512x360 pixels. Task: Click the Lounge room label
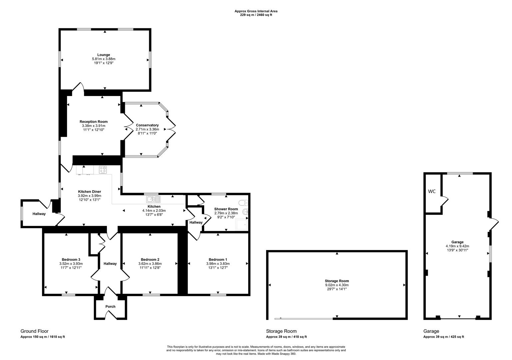tap(104, 55)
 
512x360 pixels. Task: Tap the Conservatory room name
tap(147, 125)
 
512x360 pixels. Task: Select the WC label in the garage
tap(432, 191)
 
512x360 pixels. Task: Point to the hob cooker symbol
tap(103, 170)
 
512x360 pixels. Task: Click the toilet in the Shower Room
tap(243, 202)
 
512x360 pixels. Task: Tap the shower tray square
tap(242, 224)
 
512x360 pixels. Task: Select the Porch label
tap(110, 307)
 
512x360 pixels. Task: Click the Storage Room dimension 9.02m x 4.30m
tap(337, 285)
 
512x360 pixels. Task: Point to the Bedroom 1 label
tap(218, 259)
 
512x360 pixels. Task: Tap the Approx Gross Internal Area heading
tap(256, 11)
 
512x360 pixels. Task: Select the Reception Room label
tap(93, 122)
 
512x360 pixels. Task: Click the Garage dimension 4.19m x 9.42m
tap(457, 246)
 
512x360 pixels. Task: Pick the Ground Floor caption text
tap(35, 331)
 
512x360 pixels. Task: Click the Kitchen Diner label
tap(89, 191)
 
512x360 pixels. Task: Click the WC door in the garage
tap(444, 201)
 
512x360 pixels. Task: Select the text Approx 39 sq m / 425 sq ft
tap(443, 337)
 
